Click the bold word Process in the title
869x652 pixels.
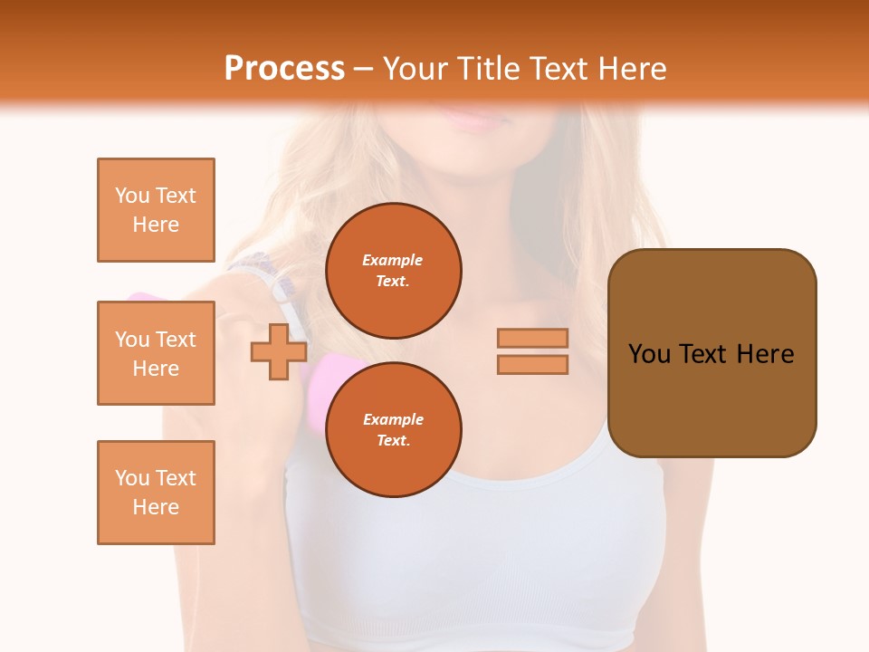coord(284,69)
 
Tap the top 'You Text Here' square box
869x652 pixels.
coord(156,210)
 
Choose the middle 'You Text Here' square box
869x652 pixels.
coord(156,353)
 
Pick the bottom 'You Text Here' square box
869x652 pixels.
coord(156,493)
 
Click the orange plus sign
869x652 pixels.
coord(279,351)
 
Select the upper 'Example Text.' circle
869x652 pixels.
coord(393,271)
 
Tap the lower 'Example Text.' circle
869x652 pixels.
coord(393,430)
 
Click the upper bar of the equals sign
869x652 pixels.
coord(532,339)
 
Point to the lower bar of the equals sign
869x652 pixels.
coord(532,364)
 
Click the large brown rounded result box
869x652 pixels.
coord(711,353)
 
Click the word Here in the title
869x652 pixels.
coord(633,69)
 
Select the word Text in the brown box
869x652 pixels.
coord(709,354)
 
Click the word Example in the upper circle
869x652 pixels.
coord(393,260)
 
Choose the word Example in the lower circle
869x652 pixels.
coord(393,419)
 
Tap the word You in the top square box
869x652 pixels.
coord(132,196)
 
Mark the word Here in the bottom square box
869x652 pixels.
coord(156,507)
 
